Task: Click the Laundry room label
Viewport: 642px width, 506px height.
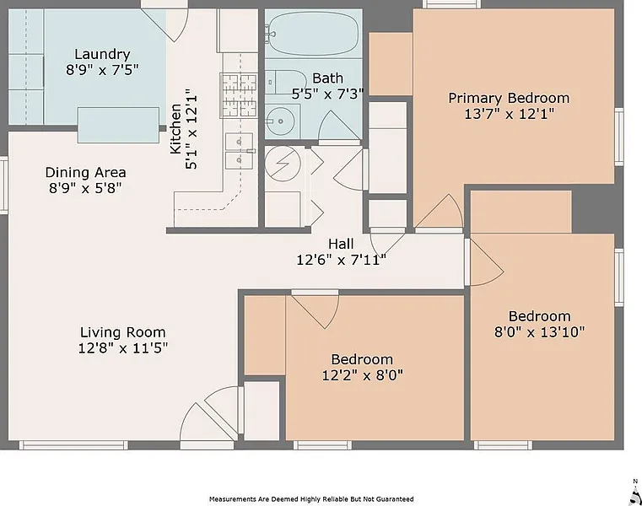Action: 102,54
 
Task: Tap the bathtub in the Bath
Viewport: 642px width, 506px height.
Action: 314,34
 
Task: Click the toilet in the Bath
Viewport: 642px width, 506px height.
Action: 285,83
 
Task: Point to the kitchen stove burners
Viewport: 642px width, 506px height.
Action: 239,95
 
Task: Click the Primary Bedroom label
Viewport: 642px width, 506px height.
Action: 509,99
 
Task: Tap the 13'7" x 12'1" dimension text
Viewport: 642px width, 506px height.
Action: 509,114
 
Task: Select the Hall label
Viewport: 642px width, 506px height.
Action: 341,244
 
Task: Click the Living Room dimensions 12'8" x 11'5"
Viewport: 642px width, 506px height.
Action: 123,348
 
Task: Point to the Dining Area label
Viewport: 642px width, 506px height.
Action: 85,172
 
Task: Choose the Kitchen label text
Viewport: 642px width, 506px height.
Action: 175,128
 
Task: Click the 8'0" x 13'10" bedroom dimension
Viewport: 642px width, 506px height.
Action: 539,331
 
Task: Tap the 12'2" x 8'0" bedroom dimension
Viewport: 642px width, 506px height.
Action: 363,375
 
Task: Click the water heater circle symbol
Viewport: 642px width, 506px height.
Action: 283,163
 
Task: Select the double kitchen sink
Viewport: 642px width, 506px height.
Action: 240,151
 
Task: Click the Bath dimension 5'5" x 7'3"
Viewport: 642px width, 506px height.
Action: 327,94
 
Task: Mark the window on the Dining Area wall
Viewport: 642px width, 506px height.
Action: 3,185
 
